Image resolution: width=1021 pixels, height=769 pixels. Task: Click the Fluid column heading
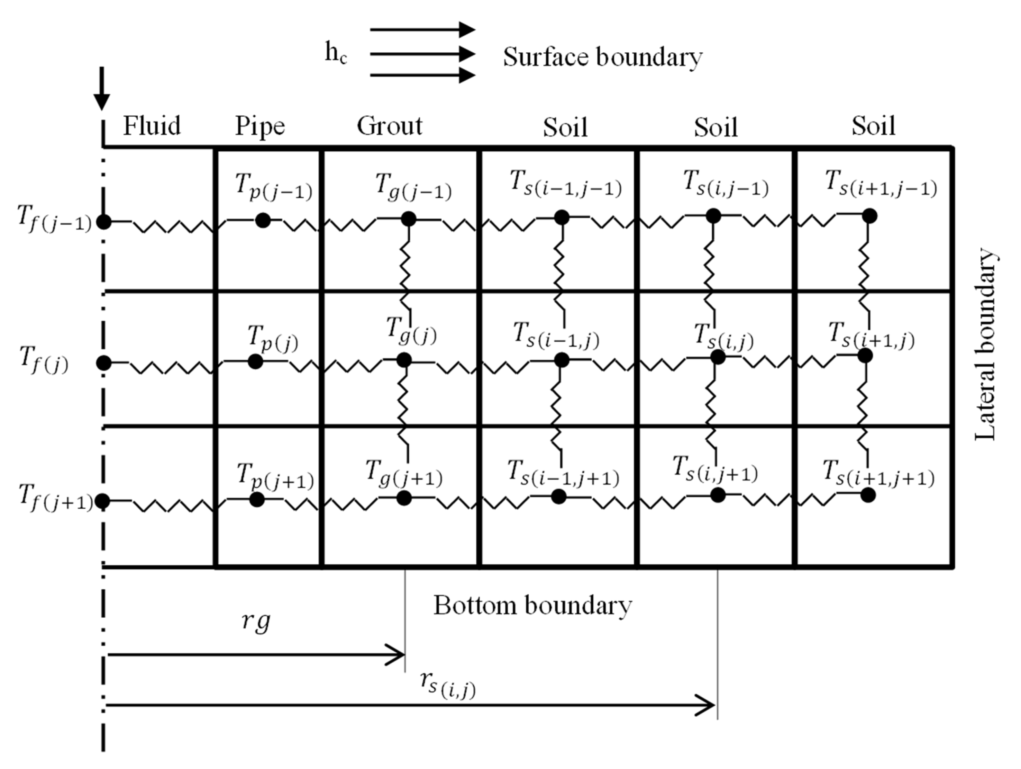[x=152, y=126]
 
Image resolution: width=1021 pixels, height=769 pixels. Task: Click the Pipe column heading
[x=260, y=126]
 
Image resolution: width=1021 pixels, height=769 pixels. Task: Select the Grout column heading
[x=389, y=126]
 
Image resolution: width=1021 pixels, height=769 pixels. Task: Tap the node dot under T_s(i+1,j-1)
[x=869, y=216]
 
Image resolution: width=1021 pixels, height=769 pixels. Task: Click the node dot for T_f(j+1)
[x=103, y=501]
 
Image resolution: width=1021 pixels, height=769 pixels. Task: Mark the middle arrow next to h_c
[x=422, y=54]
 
